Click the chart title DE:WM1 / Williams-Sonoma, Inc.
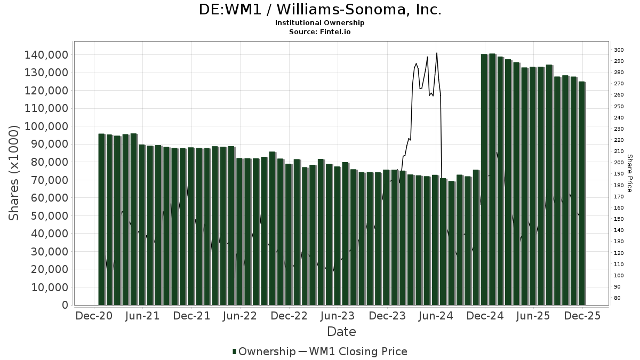coord(320,10)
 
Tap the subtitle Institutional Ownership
coord(320,23)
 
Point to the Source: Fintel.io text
coord(320,32)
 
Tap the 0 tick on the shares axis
coord(65,305)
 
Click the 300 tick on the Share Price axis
coord(619,50)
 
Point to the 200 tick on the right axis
coord(619,163)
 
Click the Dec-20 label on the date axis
coord(93,316)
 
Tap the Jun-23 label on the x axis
coord(338,316)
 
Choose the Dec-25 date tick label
coord(582,316)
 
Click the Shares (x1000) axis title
coord(14,173)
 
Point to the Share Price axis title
coord(629,173)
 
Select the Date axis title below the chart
coord(341,332)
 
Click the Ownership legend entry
coord(264,351)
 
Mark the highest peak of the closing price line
coord(437,53)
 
